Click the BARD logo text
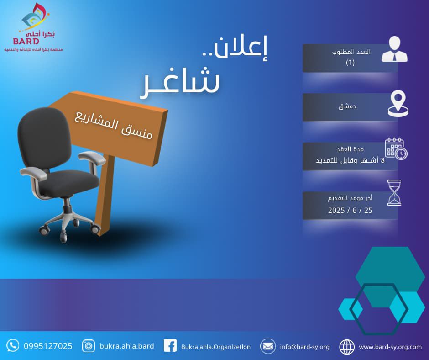click(x=26, y=42)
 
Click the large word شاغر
click(x=180, y=82)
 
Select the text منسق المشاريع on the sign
click(x=113, y=125)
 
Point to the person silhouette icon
click(x=394, y=49)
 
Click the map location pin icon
click(x=398, y=103)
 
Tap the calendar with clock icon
click(x=396, y=149)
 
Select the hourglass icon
click(x=394, y=193)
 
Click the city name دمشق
click(x=347, y=106)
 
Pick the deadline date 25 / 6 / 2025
click(x=350, y=211)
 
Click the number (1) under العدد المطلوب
click(x=350, y=63)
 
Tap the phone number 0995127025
click(x=48, y=346)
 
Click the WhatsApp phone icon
click(x=13, y=345)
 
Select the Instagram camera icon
click(x=89, y=346)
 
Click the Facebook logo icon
click(x=170, y=346)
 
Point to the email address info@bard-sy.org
click(x=304, y=347)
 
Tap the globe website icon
click(x=347, y=347)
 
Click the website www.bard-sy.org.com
click(x=390, y=347)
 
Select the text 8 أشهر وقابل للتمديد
click(x=350, y=160)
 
